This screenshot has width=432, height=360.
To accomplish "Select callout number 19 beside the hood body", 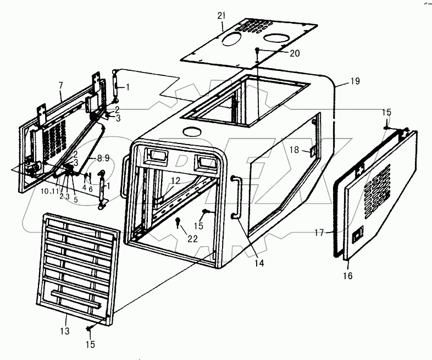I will [355, 81].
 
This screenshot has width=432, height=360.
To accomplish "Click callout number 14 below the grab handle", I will [259, 263].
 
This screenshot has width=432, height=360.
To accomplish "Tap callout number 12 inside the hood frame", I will [175, 180].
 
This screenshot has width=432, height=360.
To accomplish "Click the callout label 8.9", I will [103, 158].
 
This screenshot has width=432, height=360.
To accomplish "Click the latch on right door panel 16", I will [357, 237].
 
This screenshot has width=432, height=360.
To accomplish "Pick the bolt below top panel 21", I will [257, 51].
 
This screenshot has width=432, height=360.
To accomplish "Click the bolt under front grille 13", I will [90, 328].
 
